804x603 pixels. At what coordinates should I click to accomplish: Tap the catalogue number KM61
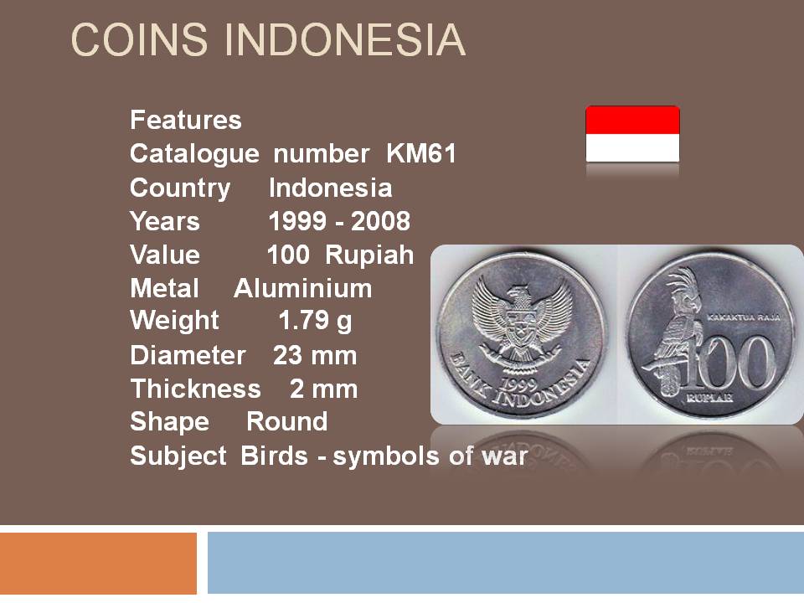[421, 153]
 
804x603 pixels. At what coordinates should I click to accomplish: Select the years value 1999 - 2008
[339, 221]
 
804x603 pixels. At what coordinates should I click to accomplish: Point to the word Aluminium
[303, 288]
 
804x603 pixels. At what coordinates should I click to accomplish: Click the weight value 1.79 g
[316, 322]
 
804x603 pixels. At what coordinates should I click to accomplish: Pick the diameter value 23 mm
[315, 355]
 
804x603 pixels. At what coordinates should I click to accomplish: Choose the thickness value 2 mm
[323, 389]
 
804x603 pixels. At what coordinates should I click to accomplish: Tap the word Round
[286, 422]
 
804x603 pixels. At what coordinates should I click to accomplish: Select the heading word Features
[186, 120]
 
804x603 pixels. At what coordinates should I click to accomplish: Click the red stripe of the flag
[633, 120]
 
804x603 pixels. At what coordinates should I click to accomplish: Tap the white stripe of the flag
[633, 148]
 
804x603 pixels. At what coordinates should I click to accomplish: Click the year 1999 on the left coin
[519, 384]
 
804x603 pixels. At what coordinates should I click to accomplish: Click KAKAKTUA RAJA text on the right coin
[743, 317]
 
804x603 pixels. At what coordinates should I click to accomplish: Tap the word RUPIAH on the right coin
[709, 398]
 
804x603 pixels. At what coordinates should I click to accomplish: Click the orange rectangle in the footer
[99, 563]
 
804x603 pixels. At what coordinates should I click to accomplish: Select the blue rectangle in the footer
[506, 563]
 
